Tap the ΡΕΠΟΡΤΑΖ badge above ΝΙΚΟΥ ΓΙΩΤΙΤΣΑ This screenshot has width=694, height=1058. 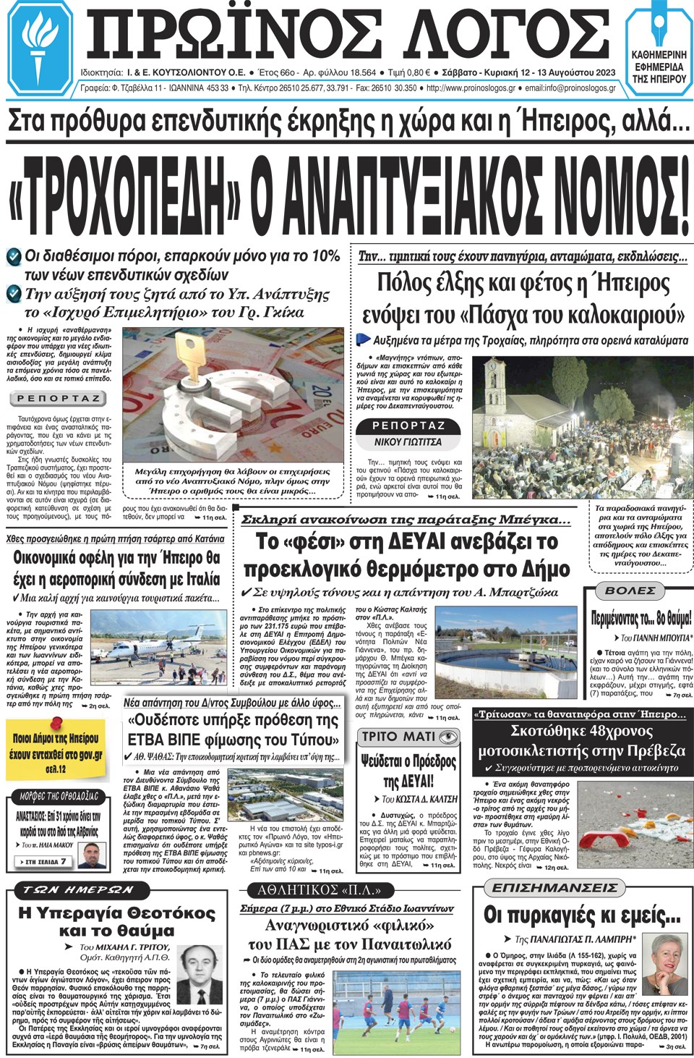click(408, 426)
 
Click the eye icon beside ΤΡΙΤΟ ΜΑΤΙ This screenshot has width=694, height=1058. click(449, 737)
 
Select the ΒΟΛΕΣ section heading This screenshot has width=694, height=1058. click(630, 591)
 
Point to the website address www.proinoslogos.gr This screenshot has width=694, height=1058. click(471, 88)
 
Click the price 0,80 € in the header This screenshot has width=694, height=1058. click(419, 72)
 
